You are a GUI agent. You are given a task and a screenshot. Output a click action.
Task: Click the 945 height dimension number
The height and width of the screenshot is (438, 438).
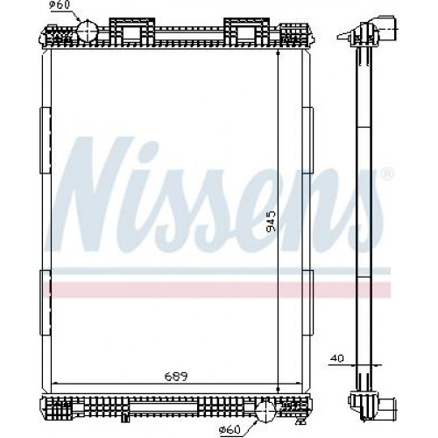272,221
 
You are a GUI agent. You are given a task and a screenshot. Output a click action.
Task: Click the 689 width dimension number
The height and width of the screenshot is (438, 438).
176,377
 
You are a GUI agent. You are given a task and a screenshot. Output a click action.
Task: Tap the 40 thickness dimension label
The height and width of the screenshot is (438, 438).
338,358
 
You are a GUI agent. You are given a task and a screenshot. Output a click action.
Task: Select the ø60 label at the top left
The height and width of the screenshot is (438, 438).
60,5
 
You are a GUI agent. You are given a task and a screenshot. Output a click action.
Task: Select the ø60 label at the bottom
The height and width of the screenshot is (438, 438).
230,429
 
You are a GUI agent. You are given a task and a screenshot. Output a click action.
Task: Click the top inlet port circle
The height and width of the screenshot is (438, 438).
87,31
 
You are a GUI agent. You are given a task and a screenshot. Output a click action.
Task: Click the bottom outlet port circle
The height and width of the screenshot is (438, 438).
265,411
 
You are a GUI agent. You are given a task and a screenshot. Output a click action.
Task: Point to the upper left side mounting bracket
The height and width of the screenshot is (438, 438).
46,140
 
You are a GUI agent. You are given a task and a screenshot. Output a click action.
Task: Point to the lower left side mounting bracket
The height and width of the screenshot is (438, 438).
46,302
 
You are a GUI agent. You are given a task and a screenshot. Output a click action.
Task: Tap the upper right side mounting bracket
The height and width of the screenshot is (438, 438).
307,140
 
